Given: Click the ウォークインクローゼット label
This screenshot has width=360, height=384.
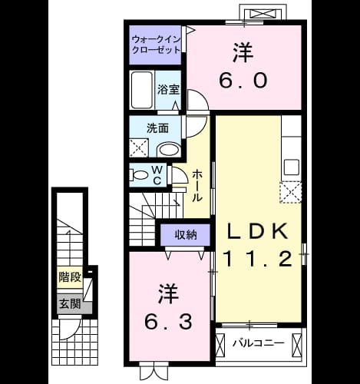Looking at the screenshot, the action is pos(157,45).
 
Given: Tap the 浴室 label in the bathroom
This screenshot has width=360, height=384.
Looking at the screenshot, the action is pos(168,89).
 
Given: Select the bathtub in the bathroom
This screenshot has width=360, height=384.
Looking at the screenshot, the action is pos(142,90).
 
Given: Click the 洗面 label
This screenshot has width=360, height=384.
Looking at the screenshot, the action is pos(157,128).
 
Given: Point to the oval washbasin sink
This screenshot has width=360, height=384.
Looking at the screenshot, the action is pos(168,150).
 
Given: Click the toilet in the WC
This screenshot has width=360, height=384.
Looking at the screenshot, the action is pos(139,175).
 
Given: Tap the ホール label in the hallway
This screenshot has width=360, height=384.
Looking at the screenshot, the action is pos(197,186).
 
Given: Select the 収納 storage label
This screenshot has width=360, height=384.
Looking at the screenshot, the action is pos(186,234).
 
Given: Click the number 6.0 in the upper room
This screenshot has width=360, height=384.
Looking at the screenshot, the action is pos(243,80).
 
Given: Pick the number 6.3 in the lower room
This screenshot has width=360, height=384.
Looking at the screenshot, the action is pos(168,322).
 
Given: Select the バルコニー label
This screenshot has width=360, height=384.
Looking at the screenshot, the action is pos(258,343).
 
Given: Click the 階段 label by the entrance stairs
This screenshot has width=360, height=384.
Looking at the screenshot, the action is pos(70,277).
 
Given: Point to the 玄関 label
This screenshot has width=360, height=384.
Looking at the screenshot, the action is pos(70,303).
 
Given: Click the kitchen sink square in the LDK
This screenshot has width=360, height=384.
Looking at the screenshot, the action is pos(292,167).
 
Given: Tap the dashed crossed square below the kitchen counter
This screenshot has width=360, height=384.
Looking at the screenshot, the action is pos(291,192).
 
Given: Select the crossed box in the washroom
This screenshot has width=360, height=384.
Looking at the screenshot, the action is pos(139,147).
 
